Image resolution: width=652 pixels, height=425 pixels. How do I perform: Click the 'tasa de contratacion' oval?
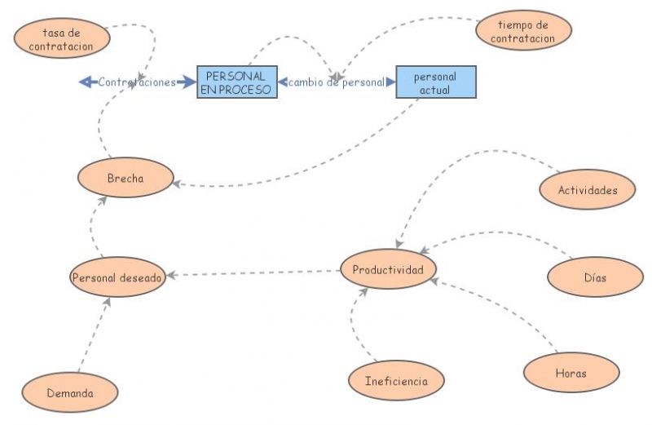click(x=62, y=38)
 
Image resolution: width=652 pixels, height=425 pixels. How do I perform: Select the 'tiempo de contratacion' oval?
click(x=523, y=30)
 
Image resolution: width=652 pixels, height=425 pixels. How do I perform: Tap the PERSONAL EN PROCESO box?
click(x=237, y=82)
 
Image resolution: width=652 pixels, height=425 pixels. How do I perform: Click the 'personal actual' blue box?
click(x=436, y=82)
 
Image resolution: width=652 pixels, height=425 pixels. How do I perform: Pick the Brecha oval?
click(x=126, y=178)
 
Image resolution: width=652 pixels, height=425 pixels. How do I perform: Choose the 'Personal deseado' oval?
click(x=117, y=277)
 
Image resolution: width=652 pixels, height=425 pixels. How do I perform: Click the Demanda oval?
click(x=70, y=392)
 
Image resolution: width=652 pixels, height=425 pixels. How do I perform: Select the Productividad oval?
click(x=389, y=269)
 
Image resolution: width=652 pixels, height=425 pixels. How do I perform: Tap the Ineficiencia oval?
click(x=396, y=380)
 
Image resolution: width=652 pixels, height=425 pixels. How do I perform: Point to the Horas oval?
click(x=571, y=373)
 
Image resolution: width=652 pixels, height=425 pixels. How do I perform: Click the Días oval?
click(x=596, y=277)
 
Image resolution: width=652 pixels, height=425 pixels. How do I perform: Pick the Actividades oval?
click(x=588, y=190)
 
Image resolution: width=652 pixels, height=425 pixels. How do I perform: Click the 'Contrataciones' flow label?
click(x=137, y=82)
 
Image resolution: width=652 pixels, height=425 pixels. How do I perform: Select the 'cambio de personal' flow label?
click(x=337, y=82)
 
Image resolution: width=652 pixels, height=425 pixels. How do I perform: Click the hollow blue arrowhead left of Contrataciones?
click(x=86, y=82)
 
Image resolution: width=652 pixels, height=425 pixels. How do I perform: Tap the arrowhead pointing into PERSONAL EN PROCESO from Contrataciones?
click(x=189, y=82)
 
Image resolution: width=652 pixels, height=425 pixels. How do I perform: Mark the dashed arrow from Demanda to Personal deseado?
click(x=95, y=335)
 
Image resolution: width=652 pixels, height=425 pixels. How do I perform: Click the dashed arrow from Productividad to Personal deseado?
click(x=253, y=273)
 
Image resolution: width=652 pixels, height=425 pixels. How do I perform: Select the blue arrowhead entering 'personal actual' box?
click(x=391, y=82)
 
